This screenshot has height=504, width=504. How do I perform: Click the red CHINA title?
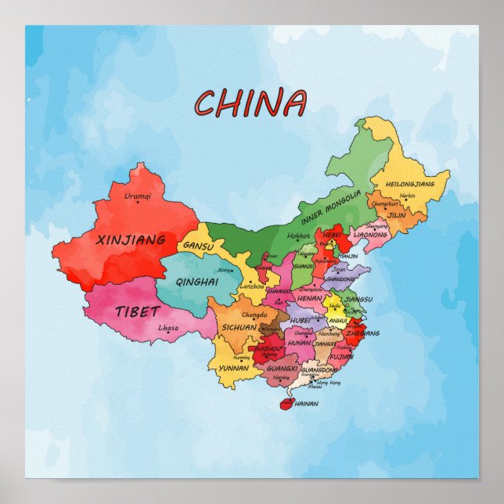(250, 103)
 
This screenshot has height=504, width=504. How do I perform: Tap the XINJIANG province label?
(131, 239)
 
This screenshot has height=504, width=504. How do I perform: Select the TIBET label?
(137, 311)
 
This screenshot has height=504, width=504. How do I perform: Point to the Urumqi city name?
(138, 196)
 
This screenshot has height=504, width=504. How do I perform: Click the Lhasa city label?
(168, 329)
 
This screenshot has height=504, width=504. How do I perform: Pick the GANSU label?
(199, 245)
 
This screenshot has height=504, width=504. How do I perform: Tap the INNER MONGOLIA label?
(331, 207)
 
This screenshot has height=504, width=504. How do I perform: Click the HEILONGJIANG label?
(405, 183)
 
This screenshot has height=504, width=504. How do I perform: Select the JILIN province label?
(397, 214)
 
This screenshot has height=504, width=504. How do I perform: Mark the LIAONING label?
(370, 234)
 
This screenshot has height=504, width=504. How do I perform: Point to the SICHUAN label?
(239, 327)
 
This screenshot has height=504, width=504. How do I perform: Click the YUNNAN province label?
(234, 367)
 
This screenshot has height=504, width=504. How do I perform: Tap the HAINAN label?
(307, 404)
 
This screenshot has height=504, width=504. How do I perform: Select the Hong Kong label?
(329, 383)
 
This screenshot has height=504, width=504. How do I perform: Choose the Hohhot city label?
(299, 235)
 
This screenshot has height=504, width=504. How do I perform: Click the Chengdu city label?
(243, 315)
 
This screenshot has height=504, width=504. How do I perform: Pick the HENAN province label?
(310, 298)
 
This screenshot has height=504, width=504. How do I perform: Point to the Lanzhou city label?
(251, 287)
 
